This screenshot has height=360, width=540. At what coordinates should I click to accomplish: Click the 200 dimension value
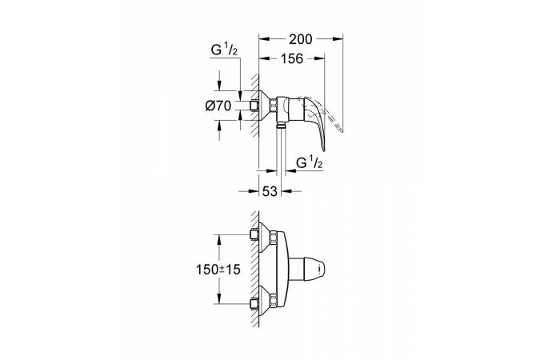(300, 40)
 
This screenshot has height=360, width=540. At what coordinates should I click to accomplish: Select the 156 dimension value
(292, 59)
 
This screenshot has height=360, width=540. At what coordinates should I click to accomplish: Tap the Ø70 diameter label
(218, 106)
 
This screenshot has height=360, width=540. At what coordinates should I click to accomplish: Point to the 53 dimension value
(270, 191)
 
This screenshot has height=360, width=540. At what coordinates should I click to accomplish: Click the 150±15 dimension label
(218, 270)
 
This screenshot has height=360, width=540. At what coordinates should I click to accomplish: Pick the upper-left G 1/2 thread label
(224, 50)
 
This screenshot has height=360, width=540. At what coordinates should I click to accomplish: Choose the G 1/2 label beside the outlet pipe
(310, 162)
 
